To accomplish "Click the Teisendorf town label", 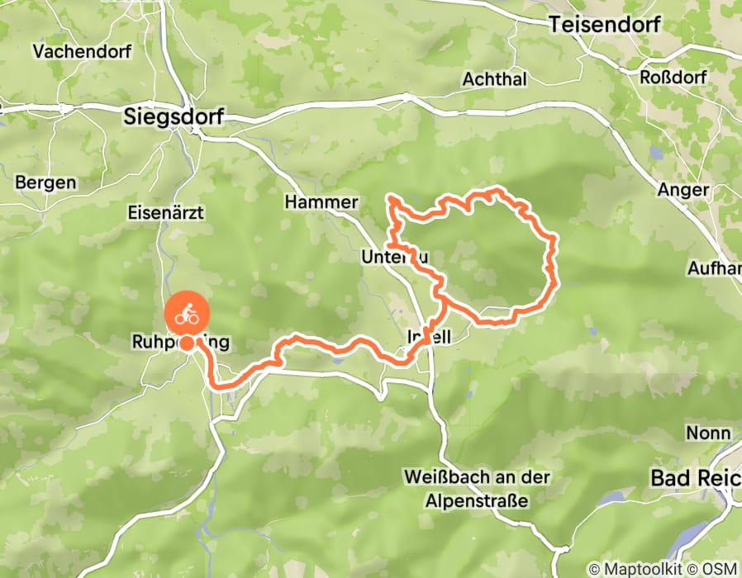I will click(x=605, y=25).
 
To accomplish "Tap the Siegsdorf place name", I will click(x=173, y=116).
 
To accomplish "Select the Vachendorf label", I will click(x=72, y=51).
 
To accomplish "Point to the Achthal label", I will click(x=493, y=79).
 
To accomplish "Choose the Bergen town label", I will click(x=46, y=182).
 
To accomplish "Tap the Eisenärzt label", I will click(x=165, y=213).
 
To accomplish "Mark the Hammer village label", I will click(x=321, y=202).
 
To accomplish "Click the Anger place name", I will click(x=683, y=190).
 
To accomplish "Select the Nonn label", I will click(x=708, y=433).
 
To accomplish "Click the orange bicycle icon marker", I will click(x=188, y=314).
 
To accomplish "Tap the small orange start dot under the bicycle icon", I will click(x=188, y=343).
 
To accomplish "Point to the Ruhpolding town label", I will click(x=179, y=342).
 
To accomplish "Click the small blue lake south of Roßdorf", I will click(x=656, y=152).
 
